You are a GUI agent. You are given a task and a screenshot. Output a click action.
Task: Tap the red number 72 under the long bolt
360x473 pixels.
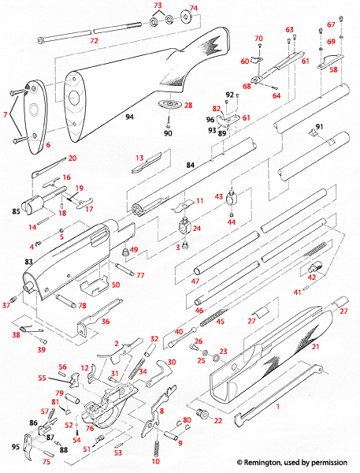click(94, 39)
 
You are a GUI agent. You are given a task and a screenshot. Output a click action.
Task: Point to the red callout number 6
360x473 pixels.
click(46, 146)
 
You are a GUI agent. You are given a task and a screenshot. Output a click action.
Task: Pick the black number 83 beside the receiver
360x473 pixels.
click(28, 261)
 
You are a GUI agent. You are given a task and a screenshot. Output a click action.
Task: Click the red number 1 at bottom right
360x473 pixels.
click(277, 404)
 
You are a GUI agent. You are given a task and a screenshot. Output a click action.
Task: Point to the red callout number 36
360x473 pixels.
click(106, 321)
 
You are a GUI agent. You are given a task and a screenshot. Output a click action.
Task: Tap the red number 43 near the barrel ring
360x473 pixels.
click(218, 196)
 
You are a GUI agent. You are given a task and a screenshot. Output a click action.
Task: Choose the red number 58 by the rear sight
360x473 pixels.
click(333, 69)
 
